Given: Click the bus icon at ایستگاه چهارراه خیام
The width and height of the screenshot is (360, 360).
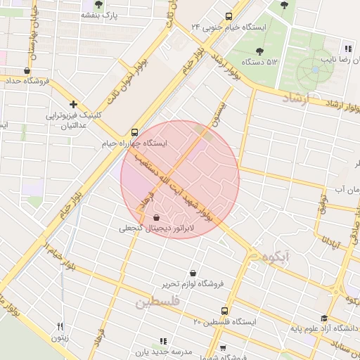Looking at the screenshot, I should point(134,131).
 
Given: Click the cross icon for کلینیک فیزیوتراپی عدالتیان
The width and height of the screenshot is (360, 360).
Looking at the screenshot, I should point(73,103).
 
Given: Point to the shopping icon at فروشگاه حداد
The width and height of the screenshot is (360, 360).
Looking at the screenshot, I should point(27,70).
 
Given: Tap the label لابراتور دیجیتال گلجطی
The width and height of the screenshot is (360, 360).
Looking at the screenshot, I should point(156,229).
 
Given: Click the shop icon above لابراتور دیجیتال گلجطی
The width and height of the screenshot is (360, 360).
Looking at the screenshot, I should point(156,217).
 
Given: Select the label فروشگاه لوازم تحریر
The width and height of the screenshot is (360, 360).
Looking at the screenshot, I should point(193,284).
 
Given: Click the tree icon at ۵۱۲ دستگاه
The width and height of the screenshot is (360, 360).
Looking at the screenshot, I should point(259,51).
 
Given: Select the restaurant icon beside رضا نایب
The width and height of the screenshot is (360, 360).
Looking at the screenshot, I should point(347,49).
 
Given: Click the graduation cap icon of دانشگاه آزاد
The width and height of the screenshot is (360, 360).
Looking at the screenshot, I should point(323,318).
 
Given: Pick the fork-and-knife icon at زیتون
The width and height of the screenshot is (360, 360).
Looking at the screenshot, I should point(60,326).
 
